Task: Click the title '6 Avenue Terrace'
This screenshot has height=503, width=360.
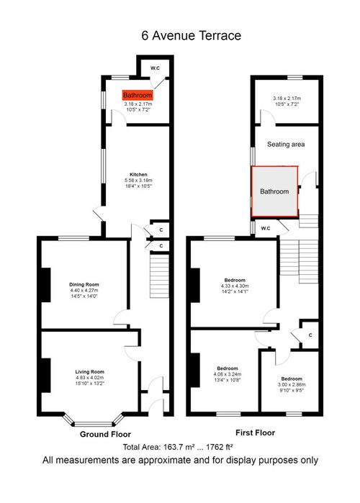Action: click(191, 35)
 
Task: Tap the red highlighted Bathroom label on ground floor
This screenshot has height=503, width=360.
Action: click(138, 95)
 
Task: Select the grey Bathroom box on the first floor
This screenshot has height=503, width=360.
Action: click(274, 191)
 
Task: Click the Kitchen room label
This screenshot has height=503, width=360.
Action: click(138, 175)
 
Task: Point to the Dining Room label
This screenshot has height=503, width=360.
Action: click(84, 284)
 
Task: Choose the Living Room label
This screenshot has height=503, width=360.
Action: click(90, 372)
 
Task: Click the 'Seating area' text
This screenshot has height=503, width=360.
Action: click(286, 145)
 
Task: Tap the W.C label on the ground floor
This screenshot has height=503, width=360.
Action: click(155, 68)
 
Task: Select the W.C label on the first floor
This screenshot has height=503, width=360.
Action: click(266, 228)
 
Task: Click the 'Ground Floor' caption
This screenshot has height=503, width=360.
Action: click(105, 435)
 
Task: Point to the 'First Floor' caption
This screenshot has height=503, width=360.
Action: click(255, 432)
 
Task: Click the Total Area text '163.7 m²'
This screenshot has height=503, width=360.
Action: click(178, 447)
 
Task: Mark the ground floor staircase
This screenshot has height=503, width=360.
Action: click(159, 276)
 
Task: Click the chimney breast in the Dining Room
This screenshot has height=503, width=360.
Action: click(46, 285)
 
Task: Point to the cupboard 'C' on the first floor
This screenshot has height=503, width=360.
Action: click(310, 335)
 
